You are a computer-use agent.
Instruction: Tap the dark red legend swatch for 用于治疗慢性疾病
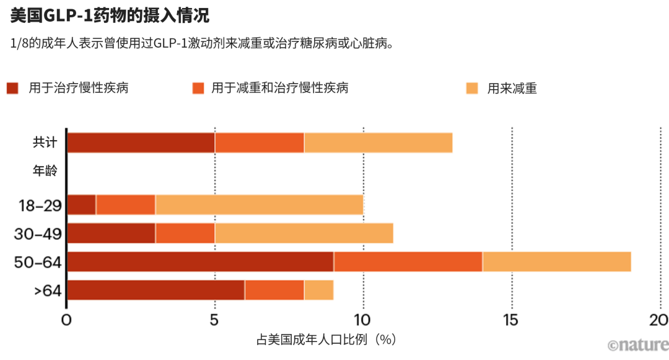(12, 88)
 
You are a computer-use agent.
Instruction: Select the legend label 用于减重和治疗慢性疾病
(280, 88)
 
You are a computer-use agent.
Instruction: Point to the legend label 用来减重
(512, 89)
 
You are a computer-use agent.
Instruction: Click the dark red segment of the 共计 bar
(141, 143)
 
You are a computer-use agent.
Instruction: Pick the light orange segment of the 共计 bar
(378, 143)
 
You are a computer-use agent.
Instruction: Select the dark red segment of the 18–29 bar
(81, 204)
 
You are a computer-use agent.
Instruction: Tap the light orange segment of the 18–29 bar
(259, 204)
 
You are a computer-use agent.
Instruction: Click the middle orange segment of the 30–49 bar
(185, 233)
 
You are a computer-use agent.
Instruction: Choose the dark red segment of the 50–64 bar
(200, 261)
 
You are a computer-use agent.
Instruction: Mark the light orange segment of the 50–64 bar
(556, 261)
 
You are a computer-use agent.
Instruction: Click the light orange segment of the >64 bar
(318, 290)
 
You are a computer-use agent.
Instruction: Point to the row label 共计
(45, 143)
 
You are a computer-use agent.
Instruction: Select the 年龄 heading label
(45, 171)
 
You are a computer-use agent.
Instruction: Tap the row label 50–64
(38, 262)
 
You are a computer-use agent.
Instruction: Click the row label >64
(46, 290)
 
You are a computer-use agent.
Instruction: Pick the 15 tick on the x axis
(512, 320)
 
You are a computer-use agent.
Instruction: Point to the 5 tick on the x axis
(214, 320)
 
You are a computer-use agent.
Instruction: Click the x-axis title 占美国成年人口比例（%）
(326, 340)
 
